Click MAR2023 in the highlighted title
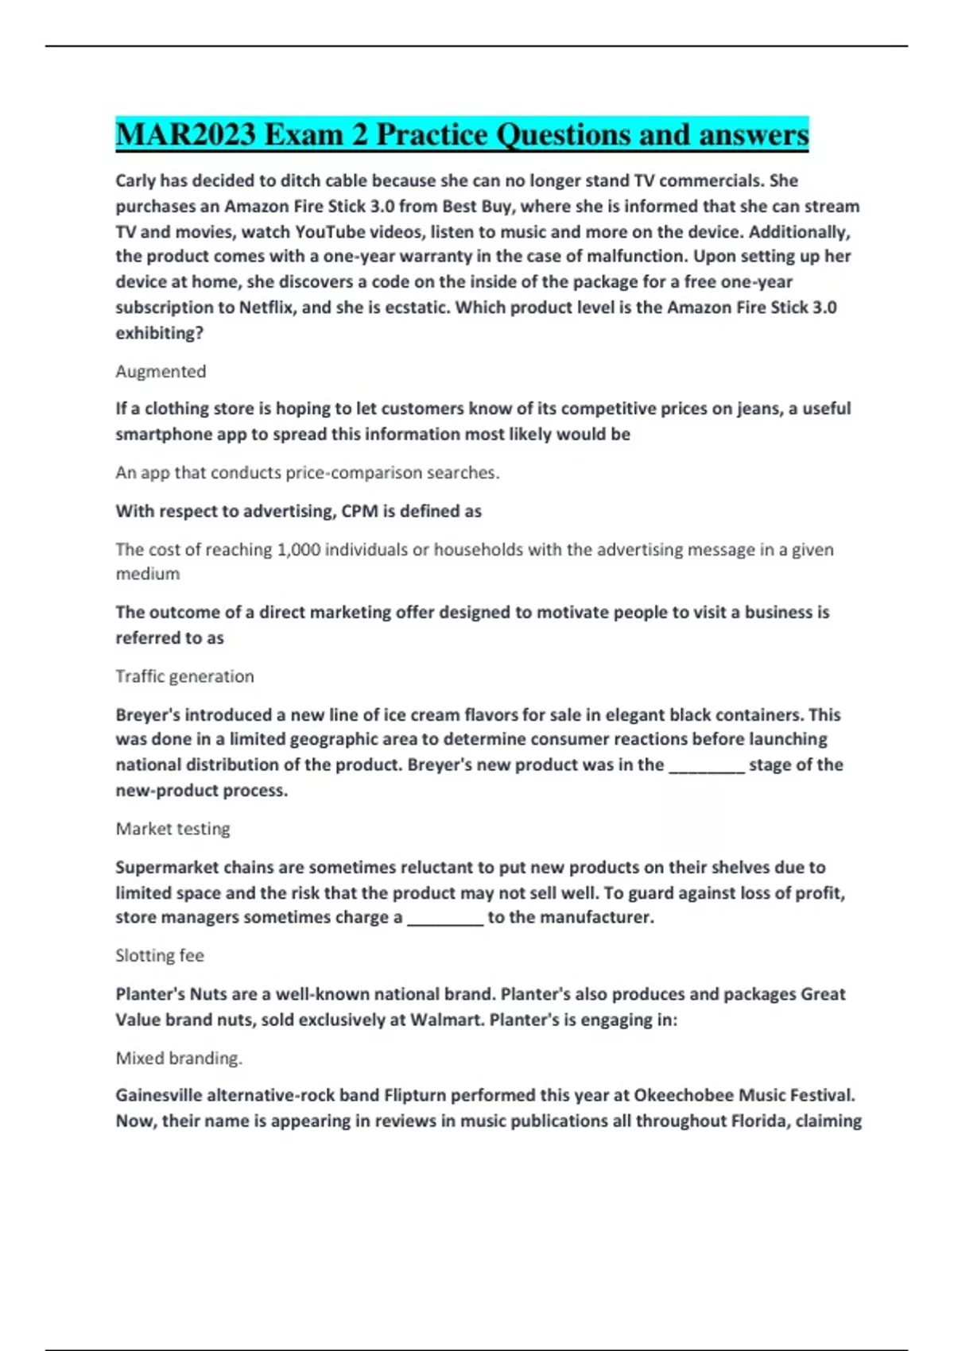[x=187, y=134]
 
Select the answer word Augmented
[x=161, y=371]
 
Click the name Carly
[x=135, y=181]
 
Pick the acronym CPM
[x=359, y=511]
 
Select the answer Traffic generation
[x=184, y=676]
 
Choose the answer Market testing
[x=173, y=829]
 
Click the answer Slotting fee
[x=160, y=955]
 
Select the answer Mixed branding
[x=179, y=1058]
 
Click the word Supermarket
[x=166, y=867]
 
